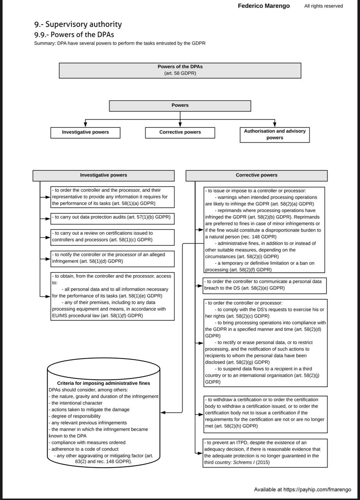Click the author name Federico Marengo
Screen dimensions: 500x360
point(264,6)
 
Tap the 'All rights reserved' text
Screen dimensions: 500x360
point(323,6)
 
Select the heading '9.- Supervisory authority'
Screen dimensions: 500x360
point(78,24)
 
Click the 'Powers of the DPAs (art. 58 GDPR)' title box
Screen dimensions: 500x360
point(180,70)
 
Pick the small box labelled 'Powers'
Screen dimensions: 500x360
point(180,106)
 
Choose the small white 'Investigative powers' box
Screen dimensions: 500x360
point(85,132)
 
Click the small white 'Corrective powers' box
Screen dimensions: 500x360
point(180,132)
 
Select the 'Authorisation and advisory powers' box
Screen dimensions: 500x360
point(274,134)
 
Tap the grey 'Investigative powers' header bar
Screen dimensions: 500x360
point(104,175)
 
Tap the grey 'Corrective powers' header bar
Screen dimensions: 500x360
point(256,175)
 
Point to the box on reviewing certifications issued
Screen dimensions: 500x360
point(113,237)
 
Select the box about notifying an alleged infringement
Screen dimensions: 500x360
point(113,258)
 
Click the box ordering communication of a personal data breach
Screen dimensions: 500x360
point(265,285)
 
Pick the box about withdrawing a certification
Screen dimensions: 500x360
point(265,413)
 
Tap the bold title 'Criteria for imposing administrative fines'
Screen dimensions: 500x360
point(104,383)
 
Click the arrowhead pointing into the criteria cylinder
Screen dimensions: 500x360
point(163,412)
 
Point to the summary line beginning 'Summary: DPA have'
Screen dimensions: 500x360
point(120,43)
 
